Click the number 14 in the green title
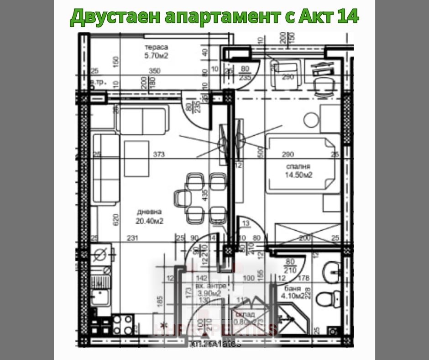[x=347, y=16]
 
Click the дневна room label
[x=149, y=212]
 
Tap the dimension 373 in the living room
[x=159, y=154]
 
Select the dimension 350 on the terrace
[x=156, y=71]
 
